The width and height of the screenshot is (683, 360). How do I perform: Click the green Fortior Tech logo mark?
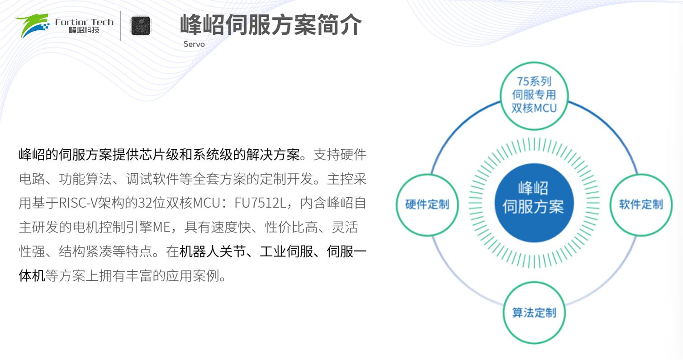point(33,25)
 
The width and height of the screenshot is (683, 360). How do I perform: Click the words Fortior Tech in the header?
point(84,22)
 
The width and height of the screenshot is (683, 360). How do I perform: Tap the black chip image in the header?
point(141,26)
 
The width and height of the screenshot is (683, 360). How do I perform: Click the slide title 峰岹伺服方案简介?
point(271,25)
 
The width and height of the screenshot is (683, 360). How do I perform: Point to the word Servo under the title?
point(194,44)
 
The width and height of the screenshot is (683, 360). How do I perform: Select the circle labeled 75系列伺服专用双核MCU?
point(534,96)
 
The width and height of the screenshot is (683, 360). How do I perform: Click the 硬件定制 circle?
point(427,204)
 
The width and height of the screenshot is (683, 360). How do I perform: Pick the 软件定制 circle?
point(641,204)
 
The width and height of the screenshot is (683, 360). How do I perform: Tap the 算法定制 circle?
point(534,313)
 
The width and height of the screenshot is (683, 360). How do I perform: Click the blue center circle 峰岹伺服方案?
point(534,203)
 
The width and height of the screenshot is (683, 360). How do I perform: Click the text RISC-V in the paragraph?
point(78,203)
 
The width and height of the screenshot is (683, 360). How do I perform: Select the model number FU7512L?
point(260,203)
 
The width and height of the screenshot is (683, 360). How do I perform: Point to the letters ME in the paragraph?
point(161,227)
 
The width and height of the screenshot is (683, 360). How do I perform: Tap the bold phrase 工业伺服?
point(287,251)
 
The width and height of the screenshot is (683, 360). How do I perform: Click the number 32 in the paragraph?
point(145,203)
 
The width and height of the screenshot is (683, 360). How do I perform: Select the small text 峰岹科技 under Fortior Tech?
point(84,30)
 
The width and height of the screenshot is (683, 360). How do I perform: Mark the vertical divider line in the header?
point(121,26)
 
